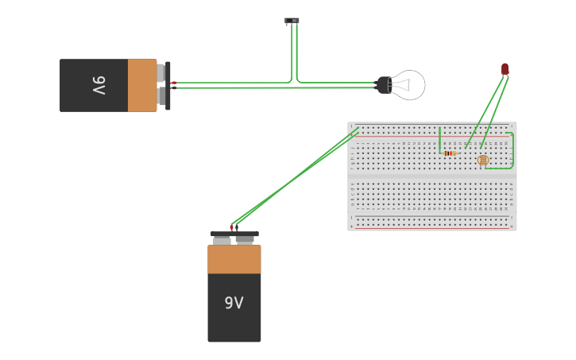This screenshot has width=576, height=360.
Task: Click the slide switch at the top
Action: pyautogui.click(x=292, y=21)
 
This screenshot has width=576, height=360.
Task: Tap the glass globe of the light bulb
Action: pyautogui.click(x=410, y=85)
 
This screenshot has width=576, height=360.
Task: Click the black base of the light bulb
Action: pyautogui.click(x=383, y=85)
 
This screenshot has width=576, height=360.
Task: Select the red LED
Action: pyautogui.click(x=504, y=69)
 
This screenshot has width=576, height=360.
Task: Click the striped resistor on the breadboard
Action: pyautogui.click(x=450, y=153)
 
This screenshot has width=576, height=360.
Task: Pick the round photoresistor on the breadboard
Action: pyautogui.click(x=483, y=160)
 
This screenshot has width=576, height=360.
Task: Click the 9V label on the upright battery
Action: pyautogui.click(x=234, y=303)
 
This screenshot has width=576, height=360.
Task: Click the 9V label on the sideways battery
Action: pyautogui.click(x=99, y=85)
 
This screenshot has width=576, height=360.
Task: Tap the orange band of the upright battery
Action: pyautogui.click(x=234, y=259)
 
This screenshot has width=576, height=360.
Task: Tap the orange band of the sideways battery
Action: pyautogui.click(x=142, y=85)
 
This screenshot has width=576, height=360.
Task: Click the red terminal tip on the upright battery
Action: pyautogui.click(x=231, y=228)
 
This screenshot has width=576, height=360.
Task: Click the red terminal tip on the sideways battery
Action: pyautogui.click(x=173, y=83)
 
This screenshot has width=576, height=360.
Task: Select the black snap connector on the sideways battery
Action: pyautogui.click(x=168, y=85)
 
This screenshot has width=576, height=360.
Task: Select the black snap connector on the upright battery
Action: pyautogui.click(x=234, y=234)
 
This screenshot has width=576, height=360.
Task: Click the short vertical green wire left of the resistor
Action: pyautogui.click(x=439, y=140)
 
